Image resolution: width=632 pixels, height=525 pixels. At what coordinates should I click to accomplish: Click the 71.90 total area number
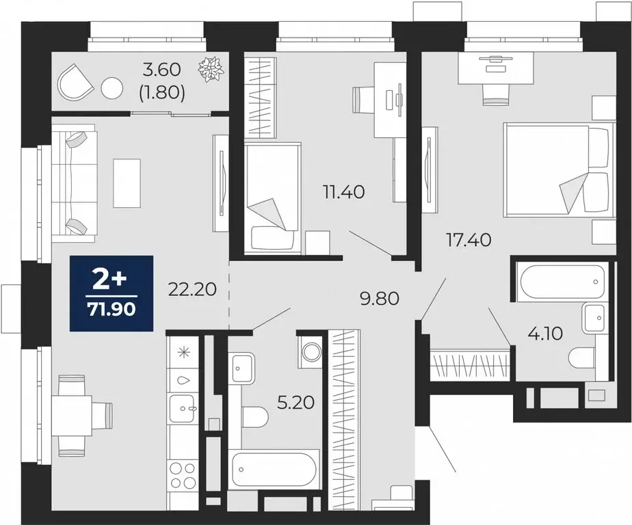(x=111, y=310)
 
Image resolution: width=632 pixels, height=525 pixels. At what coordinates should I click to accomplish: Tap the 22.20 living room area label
(x=192, y=289)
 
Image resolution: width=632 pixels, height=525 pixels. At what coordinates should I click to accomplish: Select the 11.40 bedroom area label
(x=344, y=192)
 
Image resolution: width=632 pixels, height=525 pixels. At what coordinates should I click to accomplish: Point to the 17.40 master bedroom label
(x=469, y=240)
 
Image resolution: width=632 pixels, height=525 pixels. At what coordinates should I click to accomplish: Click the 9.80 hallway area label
(x=380, y=299)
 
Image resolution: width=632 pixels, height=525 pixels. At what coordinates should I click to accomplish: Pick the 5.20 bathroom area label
(x=296, y=403)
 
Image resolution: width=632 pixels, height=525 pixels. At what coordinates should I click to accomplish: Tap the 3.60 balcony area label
(x=162, y=70)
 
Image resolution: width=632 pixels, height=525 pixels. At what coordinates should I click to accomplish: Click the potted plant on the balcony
(x=211, y=69)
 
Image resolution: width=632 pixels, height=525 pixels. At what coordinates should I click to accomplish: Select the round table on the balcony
(x=112, y=87)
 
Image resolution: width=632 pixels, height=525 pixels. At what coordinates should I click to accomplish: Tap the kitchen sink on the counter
(x=183, y=409)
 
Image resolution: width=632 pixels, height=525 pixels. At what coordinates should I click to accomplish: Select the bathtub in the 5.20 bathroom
(x=274, y=470)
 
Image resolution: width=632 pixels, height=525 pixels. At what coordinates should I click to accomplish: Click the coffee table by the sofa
(x=127, y=183)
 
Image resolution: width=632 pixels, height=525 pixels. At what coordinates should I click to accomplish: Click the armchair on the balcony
(x=76, y=82)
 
